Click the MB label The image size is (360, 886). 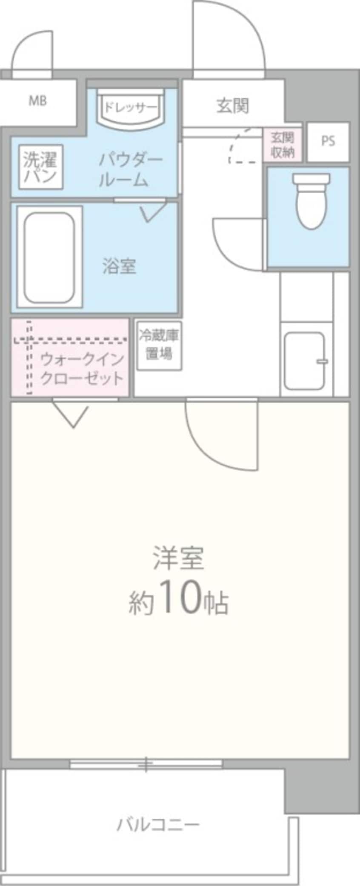37,101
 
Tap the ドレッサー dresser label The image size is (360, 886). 130,107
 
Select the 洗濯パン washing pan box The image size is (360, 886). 40,167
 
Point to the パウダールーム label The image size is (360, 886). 130,170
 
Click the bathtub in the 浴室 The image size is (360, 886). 49,257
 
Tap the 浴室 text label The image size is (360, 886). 119,266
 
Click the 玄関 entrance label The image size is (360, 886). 232,106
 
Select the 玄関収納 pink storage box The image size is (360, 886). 283,145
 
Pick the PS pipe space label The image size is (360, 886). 328,141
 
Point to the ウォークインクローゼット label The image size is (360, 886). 82,369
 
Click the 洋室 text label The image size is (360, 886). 179,558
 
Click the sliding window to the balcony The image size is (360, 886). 146,764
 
